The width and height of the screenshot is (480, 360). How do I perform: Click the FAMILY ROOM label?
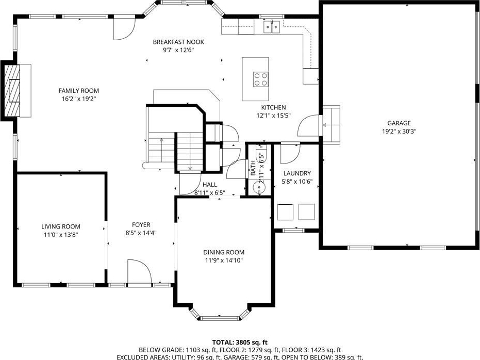point(79,91)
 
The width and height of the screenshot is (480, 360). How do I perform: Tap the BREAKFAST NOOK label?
point(178,42)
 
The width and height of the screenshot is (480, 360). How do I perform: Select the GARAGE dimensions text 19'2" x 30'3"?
point(399,132)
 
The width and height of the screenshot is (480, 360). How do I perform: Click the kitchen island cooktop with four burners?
point(260,79)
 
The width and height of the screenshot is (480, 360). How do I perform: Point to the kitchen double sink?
point(272,27)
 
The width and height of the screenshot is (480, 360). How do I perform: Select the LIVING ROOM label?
point(61,226)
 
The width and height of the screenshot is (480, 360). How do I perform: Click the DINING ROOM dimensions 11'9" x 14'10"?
point(224,260)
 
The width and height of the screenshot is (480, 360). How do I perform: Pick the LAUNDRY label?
point(297,173)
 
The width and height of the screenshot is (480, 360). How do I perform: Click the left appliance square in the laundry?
point(285,212)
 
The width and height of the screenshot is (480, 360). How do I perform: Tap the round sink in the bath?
point(259,187)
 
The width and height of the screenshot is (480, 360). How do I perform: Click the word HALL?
point(210,185)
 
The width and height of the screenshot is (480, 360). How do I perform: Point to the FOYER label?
point(141,225)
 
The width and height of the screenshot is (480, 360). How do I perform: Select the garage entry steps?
point(332,125)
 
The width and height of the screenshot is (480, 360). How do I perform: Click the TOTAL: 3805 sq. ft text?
point(240,342)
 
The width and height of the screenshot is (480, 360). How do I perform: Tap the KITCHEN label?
point(273,107)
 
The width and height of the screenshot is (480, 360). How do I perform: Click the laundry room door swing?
point(290,153)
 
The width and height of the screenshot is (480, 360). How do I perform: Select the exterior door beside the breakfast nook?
point(124,28)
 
